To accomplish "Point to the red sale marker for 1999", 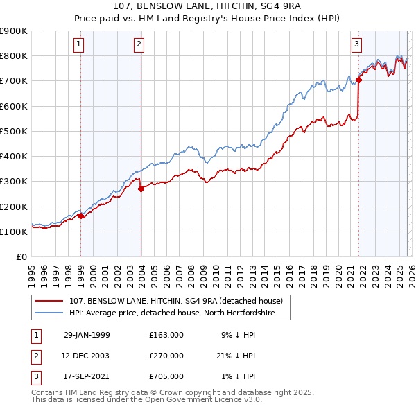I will [x=81, y=216].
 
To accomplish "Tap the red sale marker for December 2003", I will [x=141, y=188].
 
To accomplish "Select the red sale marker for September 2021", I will [x=358, y=80].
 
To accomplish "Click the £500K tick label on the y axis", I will [x=14, y=131].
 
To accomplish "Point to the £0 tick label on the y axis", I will [x=21, y=257].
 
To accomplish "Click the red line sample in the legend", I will [x=51, y=302].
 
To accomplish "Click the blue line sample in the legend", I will [x=51, y=313].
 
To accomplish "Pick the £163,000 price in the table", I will [x=166, y=335].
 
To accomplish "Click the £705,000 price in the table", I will [x=166, y=376].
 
